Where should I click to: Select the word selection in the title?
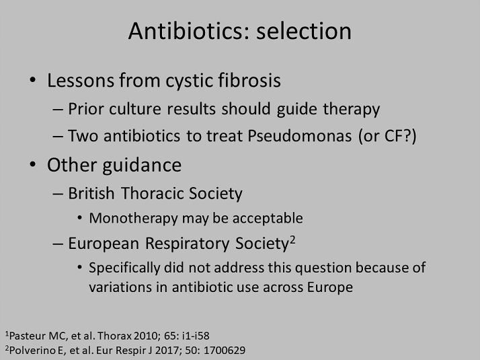tap(304, 31)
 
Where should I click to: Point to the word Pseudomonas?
tap(300, 136)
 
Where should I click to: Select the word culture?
tap(135, 109)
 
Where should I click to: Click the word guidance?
tap(142, 166)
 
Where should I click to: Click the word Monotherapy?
tap(134, 219)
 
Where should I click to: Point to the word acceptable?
tap(268, 219)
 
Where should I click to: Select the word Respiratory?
tap(187, 244)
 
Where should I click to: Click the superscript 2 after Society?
tap(292, 240)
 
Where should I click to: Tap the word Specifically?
tap(124, 268)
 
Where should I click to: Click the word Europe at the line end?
tap(330, 287)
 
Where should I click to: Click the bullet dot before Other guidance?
tap(33, 165)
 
